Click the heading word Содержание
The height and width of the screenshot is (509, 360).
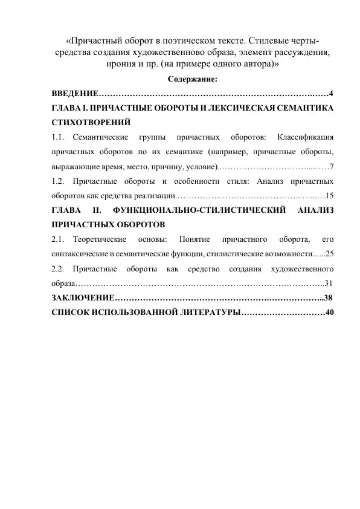(x=193, y=79)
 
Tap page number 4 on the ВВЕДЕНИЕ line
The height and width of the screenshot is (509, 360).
(x=332, y=94)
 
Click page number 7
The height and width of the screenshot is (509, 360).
(x=332, y=166)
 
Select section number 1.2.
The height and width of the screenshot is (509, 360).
(x=58, y=181)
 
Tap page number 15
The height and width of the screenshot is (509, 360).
(x=329, y=195)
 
